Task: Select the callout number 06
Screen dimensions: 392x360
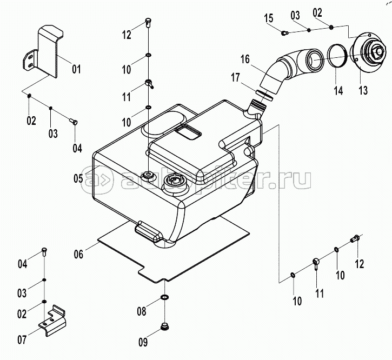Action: pos(79,254)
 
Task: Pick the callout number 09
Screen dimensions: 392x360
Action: pos(142,341)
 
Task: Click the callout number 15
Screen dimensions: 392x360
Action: pos(269,19)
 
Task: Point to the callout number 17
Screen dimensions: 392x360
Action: pos(235,78)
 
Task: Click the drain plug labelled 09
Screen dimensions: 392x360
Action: pos(164,326)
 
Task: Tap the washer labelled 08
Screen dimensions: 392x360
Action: pos(164,298)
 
